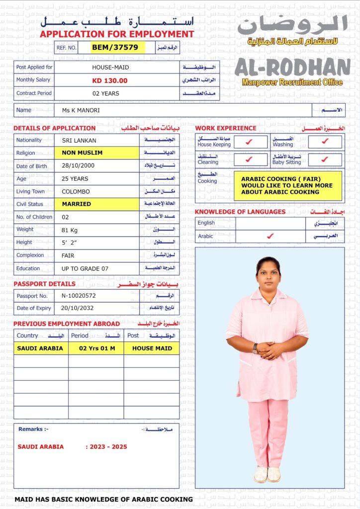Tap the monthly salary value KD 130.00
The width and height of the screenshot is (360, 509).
click(x=110, y=81)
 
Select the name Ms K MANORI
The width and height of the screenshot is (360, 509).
click(x=81, y=110)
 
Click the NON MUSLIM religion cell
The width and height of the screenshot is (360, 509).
click(x=83, y=153)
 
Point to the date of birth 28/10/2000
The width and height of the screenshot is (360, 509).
click(x=78, y=166)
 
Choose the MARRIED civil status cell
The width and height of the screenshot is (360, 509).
click(x=77, y=204)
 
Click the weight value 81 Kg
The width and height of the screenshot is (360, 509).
click(x=73, y=230)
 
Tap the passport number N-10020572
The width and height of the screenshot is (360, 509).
click(x=79, y=296)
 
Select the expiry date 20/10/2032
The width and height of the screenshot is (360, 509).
click(x=78, y=308)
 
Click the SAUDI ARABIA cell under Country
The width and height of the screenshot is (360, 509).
click(x=40, y=348)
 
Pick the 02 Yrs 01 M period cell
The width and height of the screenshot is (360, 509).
click(x=97, y=348)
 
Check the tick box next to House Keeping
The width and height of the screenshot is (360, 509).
click(x=250, y=142)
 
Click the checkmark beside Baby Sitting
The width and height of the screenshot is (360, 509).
click(x=325, y=160)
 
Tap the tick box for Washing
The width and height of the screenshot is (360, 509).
click(x=325, y=142)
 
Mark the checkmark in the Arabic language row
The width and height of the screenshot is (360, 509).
click(x=270, y=236)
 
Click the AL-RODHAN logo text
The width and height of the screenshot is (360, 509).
click(x=292, y=68)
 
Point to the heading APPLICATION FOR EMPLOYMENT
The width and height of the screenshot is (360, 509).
click(x=117, y=34)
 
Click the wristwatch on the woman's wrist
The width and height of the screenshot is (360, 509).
click(x=255, y=348)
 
